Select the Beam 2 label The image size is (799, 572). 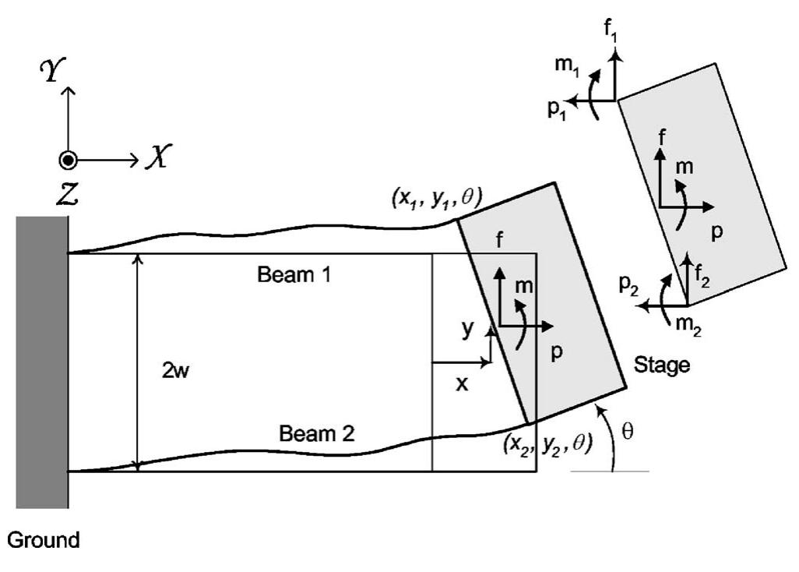coord(316,433)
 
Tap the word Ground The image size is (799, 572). coord(44,539)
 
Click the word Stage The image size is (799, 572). coord(662,364)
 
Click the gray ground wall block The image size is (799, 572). coord(42,362)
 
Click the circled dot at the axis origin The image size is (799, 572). coord(68,160)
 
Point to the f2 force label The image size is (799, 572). coord(703,273)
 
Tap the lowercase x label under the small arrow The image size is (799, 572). coord(462,383)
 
